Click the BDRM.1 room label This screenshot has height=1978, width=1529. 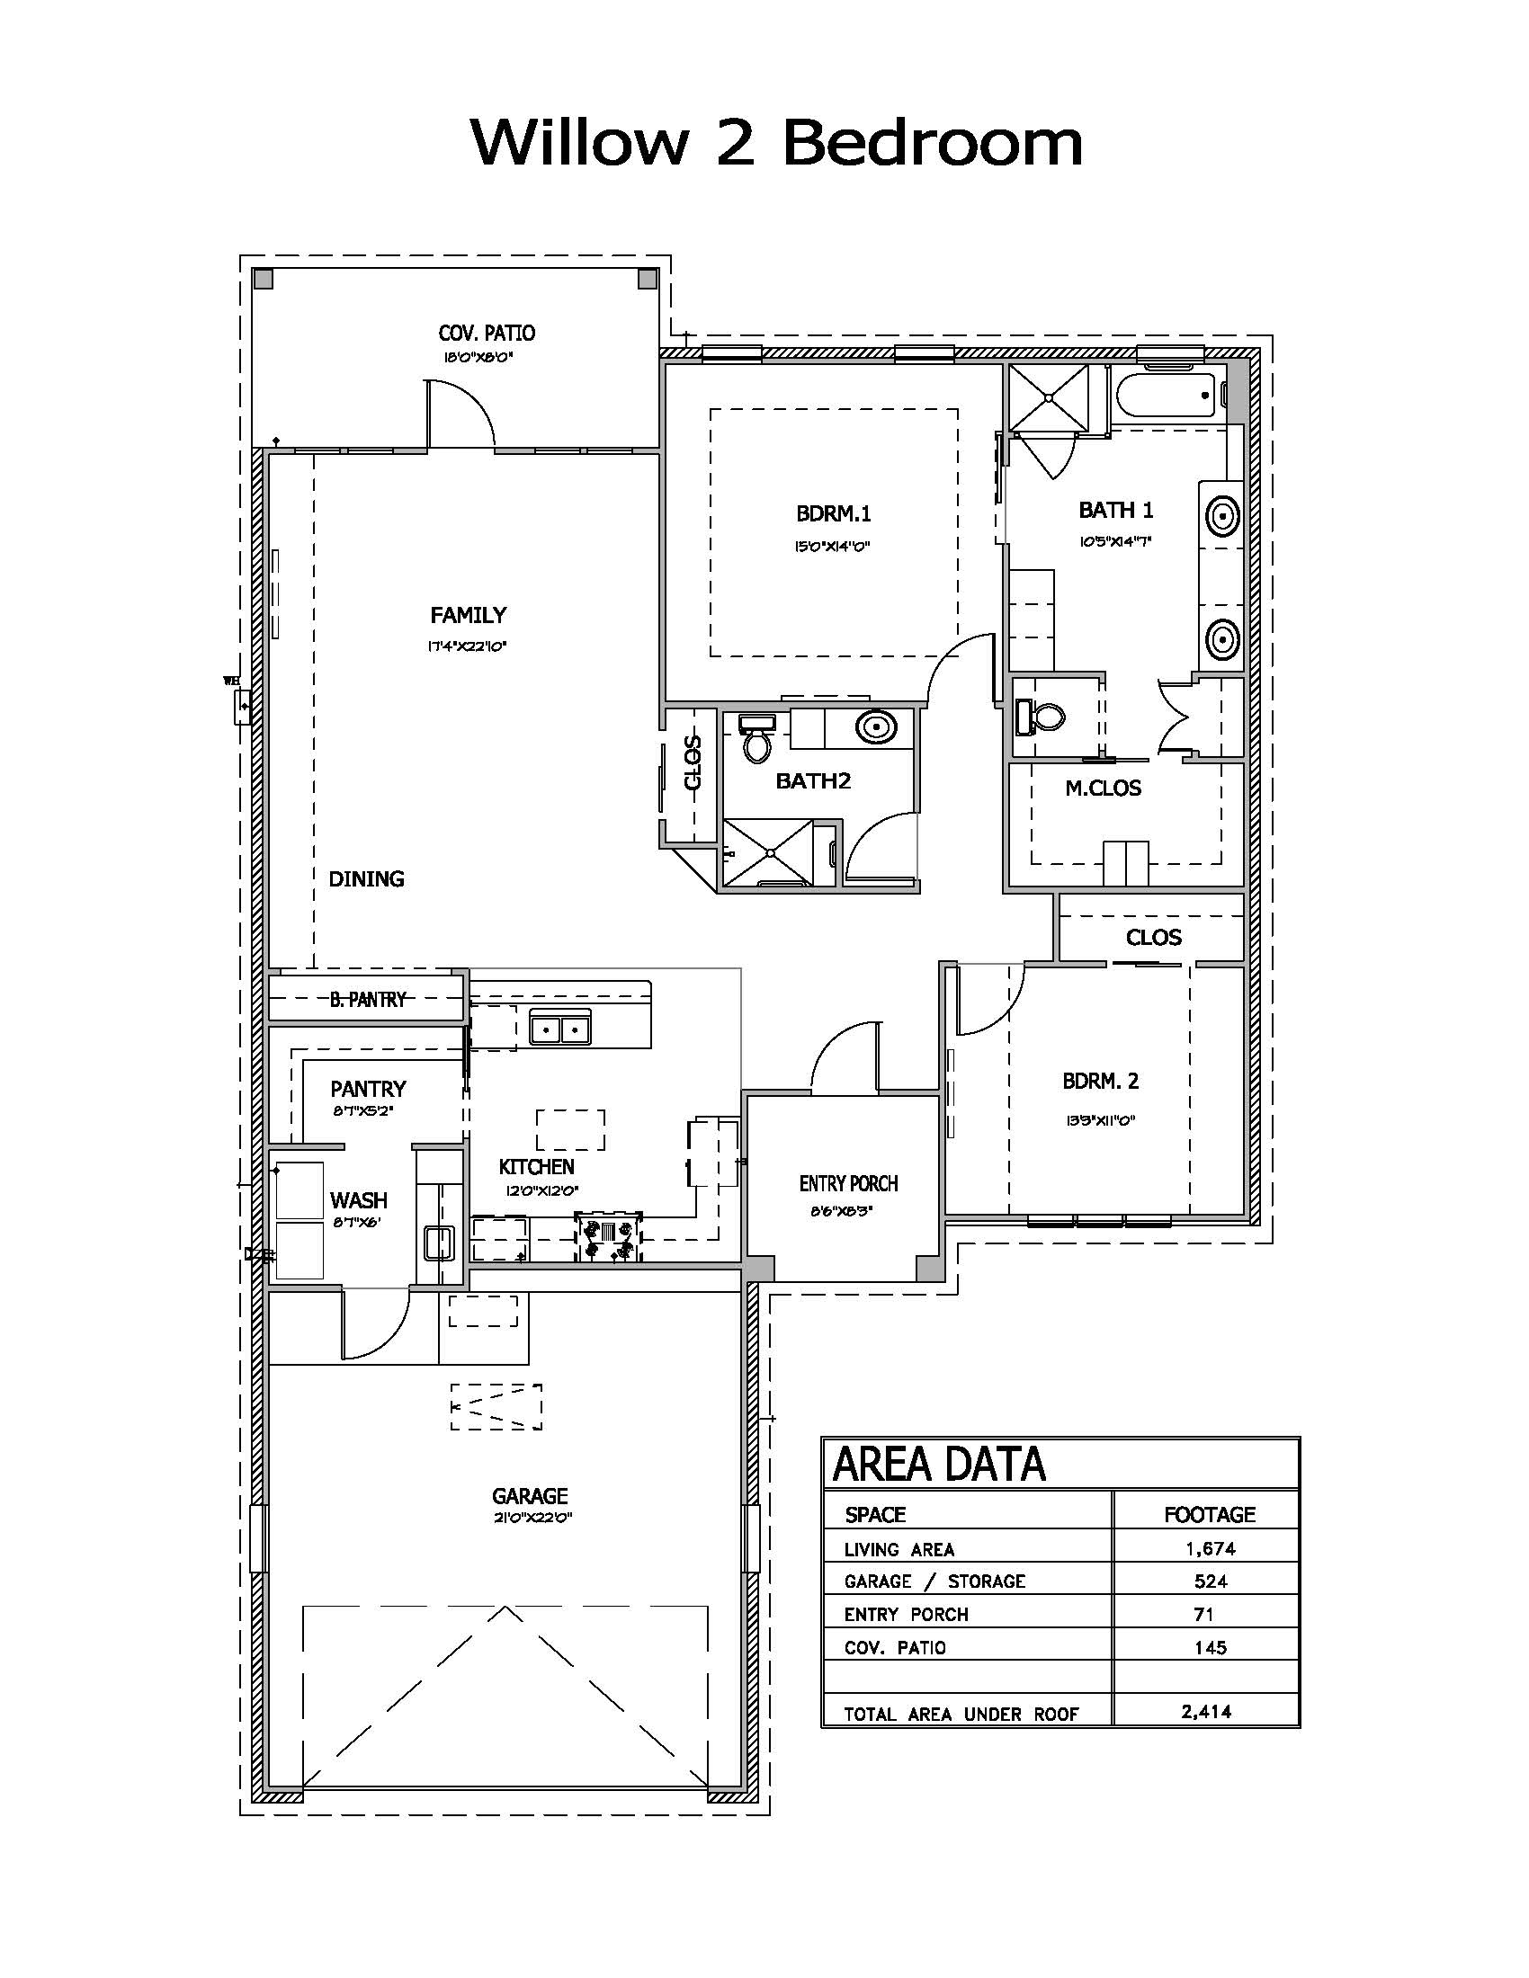(834, 513)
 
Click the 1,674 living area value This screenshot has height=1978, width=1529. (1210, 1549)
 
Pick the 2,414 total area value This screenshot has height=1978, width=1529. (1206, 1711)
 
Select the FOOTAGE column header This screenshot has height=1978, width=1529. (1209, 1514)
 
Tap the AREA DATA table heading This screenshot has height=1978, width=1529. (938, 1466)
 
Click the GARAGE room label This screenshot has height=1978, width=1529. (530, 1496)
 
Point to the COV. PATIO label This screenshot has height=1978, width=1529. (487, 333)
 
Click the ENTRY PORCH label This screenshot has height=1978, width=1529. (848, 1183)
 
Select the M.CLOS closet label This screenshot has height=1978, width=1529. (1103, 788)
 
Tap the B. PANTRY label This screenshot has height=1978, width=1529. (368, 999)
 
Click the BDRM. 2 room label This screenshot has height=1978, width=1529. (1101, 1081)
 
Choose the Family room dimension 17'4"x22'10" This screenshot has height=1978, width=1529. (469, 646)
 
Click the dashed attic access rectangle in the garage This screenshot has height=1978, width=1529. (496, 1406)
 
